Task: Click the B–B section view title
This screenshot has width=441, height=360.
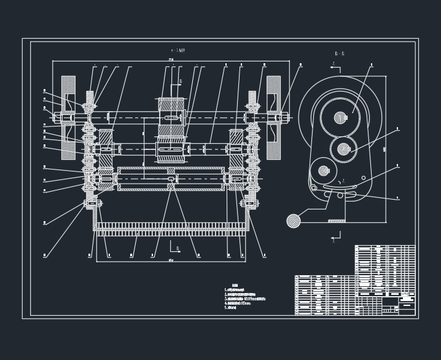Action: [339, 54]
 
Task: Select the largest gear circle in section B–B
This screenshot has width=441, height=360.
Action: [341, 117]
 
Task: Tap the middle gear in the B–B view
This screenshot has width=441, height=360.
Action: [343, 148]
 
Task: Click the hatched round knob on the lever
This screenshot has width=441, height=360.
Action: [294, 221]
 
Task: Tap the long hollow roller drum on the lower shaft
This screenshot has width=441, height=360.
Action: [171, 178]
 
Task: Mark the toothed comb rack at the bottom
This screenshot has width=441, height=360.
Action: [171, 232]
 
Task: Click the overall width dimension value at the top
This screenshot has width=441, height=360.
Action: [171, 60]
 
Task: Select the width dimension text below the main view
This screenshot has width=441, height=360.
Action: [171, 260]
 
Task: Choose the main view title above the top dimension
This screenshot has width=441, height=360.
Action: [178, 50]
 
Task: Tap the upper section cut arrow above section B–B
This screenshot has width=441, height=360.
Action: [334, 66]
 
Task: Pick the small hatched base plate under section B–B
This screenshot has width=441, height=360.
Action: [336, 221]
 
